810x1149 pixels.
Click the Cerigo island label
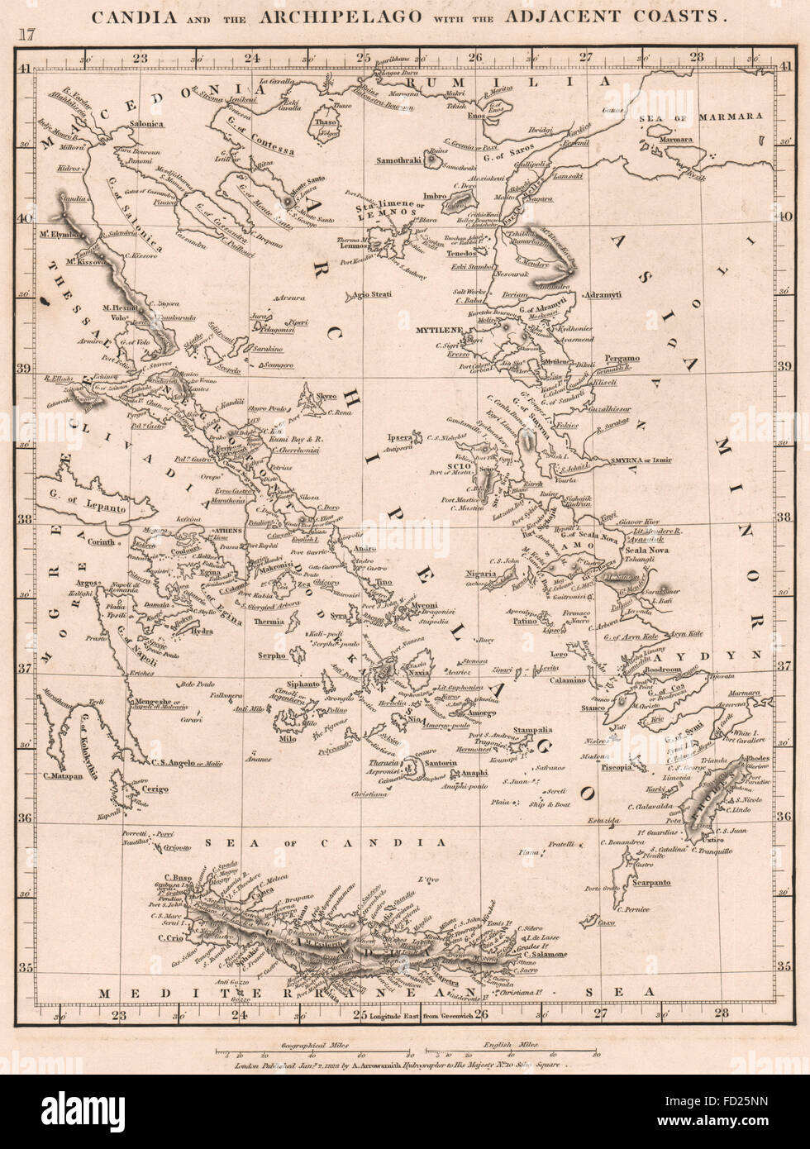click(x=154, y=789)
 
